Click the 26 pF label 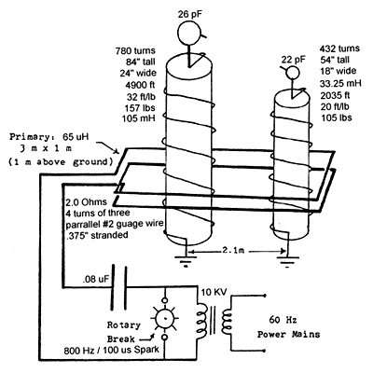(190, 14)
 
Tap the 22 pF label (294, 60)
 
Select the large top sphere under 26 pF (189, 33)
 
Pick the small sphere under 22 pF (293, 73)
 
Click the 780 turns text (135, 50)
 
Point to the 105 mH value (139, 118)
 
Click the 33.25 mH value (340, 84)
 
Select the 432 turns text (339, 48)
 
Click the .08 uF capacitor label (96, 279)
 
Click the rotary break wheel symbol (165, 319)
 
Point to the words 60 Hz (283, 320)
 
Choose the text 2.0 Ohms (86, 202)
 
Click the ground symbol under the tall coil (186, 261)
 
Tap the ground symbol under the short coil (287, 261)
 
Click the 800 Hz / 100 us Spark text (111, 350)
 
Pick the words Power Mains (288, 335)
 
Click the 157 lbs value (140, 108)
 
